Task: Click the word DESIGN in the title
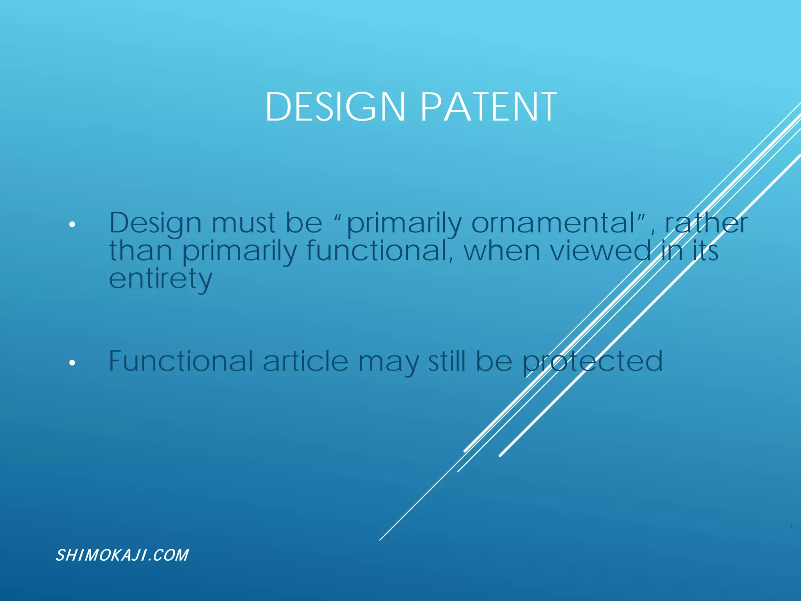coord(335,107)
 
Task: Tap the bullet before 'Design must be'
coord(72,225)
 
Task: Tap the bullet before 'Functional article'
coord(72,363)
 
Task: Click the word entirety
coord(160,279)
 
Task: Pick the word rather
coord(706,223)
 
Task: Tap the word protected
coord(593,362)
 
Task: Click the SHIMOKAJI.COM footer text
coord(122,555)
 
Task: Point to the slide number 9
coord(791,527)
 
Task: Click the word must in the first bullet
coord(243,223)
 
